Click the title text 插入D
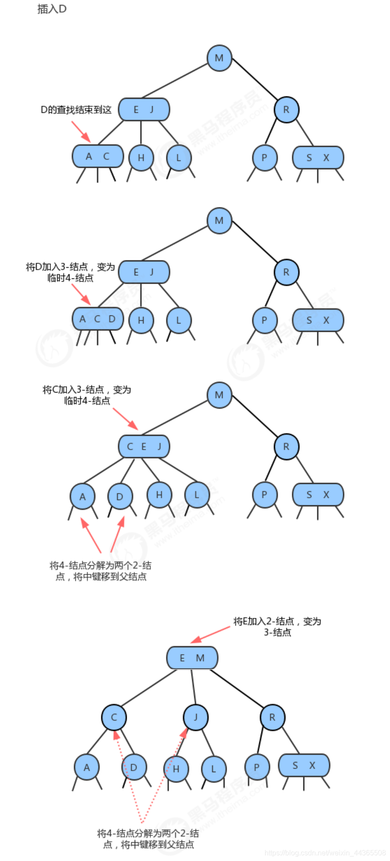click(x=52, y=9)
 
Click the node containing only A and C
click(x=98, y=156)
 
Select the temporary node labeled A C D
click(x=98, y=319)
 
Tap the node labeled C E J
click(x=144, y=447)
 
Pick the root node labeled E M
click(x=192, y=658)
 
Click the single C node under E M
click(x=114, y=717)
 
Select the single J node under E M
click(x=195, y=717)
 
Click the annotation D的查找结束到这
click(x=76, y=110)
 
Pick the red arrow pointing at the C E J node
click(x=125, y=419)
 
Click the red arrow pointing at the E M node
click(x=210, y=635)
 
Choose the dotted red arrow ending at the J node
click(x=163, y=776)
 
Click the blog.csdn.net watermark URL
click(x=325, y=853)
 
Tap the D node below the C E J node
click(x=120, y=497)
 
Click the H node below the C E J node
click(x=159, y=495)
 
